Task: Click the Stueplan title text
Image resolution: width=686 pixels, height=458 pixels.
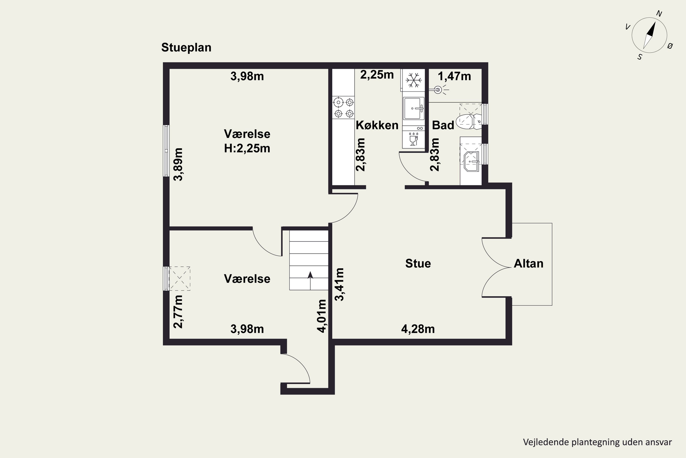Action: (x=186, y=48)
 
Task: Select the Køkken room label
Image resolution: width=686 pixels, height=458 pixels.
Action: (x=377, y=125)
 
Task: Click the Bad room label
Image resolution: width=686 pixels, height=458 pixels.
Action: (x=443, y=125)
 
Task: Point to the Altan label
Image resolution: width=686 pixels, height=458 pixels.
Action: (x=528, y=264)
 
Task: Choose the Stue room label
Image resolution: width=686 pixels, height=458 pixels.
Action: (x=418, y=264)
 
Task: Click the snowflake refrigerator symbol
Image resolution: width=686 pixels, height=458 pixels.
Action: (x=414, y=80)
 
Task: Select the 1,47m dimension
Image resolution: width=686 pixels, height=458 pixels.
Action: (x=454, y=76)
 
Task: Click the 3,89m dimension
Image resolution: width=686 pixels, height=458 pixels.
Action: (x=178, y=164)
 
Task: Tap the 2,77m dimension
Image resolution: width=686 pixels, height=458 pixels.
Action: (x=178, y=312)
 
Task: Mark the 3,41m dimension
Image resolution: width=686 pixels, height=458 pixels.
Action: (x=340, y=284)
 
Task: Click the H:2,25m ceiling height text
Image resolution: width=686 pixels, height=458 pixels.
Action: (x=247, y=148)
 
